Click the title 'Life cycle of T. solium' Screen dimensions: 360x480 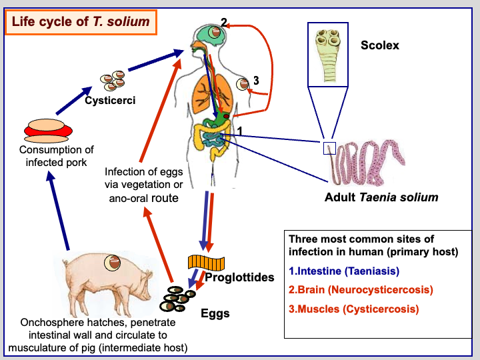[81, 22]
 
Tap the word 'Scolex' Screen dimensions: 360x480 [380, 46]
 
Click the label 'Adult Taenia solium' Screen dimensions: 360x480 [381, 197]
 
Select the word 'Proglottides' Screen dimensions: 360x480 [239, 277]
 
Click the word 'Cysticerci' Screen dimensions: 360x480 [110, 101]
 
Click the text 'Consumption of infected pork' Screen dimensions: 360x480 [57, 156]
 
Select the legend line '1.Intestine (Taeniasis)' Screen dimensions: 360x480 [344, 271]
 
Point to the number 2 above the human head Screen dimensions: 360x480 [224, 21]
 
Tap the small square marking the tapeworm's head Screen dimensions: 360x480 [327, 149]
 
